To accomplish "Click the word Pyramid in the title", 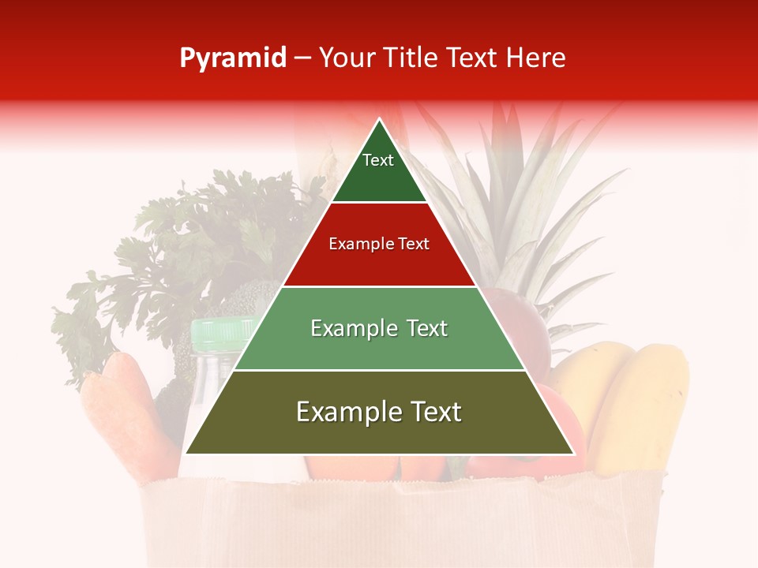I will pyautogui.click(x=232, y=58).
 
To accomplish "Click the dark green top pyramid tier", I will pyautogui.click(x=379, y=177).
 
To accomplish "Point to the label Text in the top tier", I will pyautogui.click(x=378, y=160).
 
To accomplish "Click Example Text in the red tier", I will pyautogui.click(x=379, y=244).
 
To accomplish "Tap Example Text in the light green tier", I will pyautogui.click(x=379, y=328).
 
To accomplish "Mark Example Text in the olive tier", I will pyautogui.click(x=379, y=412).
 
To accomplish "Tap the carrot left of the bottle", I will pyautogui.click(x=126, y=410).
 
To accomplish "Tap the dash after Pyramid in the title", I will pyautogui.click(x=302, y=58).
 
